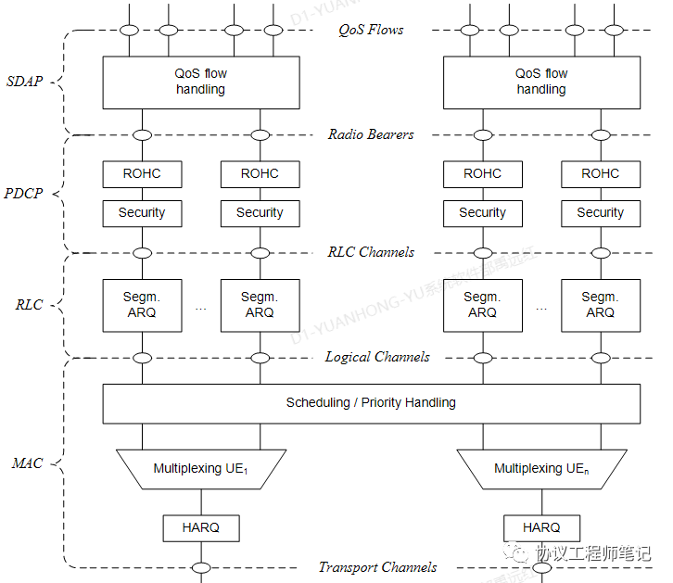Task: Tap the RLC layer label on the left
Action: (x=30, y=305)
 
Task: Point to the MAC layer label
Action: (x=28, y=463)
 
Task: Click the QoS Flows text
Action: (x=371, y=30)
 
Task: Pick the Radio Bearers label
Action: (x=371, y=134)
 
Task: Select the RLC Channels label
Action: (x=371, y=252)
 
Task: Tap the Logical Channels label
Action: (x=376, y=357)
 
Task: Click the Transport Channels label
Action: (x=377, y=567)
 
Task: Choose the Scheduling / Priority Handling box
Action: (x=371, y=403)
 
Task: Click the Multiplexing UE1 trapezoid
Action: (x=200, y=469)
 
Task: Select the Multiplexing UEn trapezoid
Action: (x=541, y=469)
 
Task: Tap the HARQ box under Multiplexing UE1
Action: (x=200, y=527)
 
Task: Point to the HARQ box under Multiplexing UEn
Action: (x=541, y=527)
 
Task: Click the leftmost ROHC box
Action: (x=142, y=173)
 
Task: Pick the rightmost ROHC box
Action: (x=600, y=173)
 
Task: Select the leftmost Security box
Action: (x=142, y=212)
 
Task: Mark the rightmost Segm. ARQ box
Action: (x=600, y=305)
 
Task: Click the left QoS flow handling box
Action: (x=201, y=82)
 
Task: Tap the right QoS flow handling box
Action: (x=541, y=82)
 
